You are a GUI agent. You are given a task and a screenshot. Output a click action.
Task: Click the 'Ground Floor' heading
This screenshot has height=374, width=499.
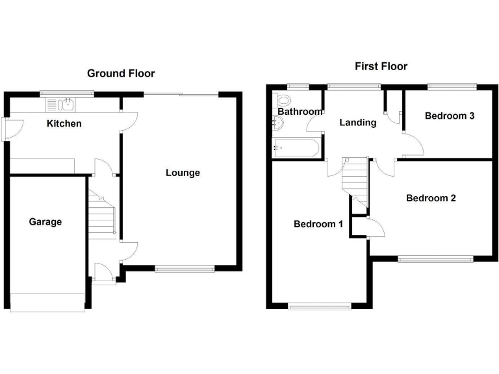121,73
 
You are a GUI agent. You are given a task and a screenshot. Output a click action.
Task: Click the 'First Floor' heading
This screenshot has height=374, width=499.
381,66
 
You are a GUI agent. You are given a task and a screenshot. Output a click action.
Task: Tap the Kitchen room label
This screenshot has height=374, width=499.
64,123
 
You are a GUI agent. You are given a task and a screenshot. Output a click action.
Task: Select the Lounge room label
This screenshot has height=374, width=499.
183,173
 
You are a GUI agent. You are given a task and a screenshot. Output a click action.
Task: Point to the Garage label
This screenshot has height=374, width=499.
45,222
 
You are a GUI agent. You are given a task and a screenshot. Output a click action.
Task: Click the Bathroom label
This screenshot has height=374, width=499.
300,112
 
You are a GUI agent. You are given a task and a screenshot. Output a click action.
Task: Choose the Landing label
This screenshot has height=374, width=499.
358,122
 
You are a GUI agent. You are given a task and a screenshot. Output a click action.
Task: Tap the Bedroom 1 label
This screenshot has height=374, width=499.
318,225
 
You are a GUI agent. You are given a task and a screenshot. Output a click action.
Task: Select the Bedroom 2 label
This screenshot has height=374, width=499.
431,198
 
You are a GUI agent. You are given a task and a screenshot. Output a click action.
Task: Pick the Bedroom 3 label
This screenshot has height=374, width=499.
450,116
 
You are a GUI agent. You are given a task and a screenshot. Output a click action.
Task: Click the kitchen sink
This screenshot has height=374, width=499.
61,104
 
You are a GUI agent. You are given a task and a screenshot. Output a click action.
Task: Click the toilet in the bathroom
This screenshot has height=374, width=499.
283,101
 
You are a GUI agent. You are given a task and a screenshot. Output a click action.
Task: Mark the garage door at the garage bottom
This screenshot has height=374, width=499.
47,301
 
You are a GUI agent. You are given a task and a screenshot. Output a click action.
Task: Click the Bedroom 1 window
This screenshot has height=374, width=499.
319,306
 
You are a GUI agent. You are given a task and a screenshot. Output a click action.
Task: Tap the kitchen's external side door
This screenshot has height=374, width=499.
6,129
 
